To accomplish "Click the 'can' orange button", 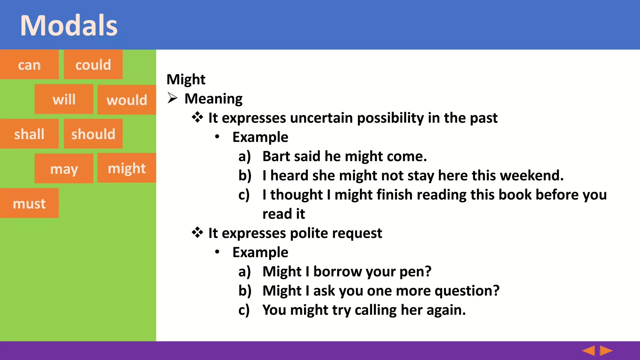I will click(29, 64).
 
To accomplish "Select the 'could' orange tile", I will click(93, 64).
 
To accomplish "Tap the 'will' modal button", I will click(64, 99).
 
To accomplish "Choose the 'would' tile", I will click(127, 100).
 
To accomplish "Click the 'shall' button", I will click(29, 134).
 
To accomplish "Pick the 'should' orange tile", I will click(93, 134).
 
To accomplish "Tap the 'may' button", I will click(64, 168).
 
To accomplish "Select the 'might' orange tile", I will click(127, 168).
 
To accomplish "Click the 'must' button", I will click(29, 203).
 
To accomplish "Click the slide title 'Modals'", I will click(69, 26).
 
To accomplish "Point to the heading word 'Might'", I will click(186, 79).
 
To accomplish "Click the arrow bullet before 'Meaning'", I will click(172, 98).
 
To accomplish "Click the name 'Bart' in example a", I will click(276, 156).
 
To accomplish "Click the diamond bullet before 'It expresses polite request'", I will click(197, 233).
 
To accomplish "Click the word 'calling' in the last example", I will click(376, 310).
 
